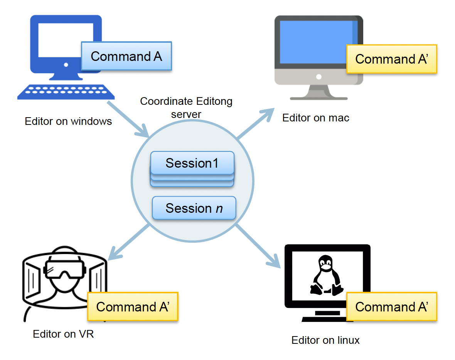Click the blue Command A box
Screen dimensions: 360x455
[x=126, y=56]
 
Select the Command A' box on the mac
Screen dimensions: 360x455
[x=391, y=59]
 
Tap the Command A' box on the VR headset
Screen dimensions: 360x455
[x=132, y=307]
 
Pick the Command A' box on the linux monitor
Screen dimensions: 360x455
[x=391, y=307]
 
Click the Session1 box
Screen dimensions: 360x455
[x=192, y=163]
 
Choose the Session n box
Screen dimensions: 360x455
[x=194, y=208]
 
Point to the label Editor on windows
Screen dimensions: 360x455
[x=68, y=121]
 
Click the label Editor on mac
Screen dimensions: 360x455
[x=316, y=118]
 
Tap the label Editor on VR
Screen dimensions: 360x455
[x=63, y=334]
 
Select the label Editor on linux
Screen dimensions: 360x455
[x=325, y=340]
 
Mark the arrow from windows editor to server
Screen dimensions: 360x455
[x=128, y=119]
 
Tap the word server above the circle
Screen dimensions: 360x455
[x=187, y=114]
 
